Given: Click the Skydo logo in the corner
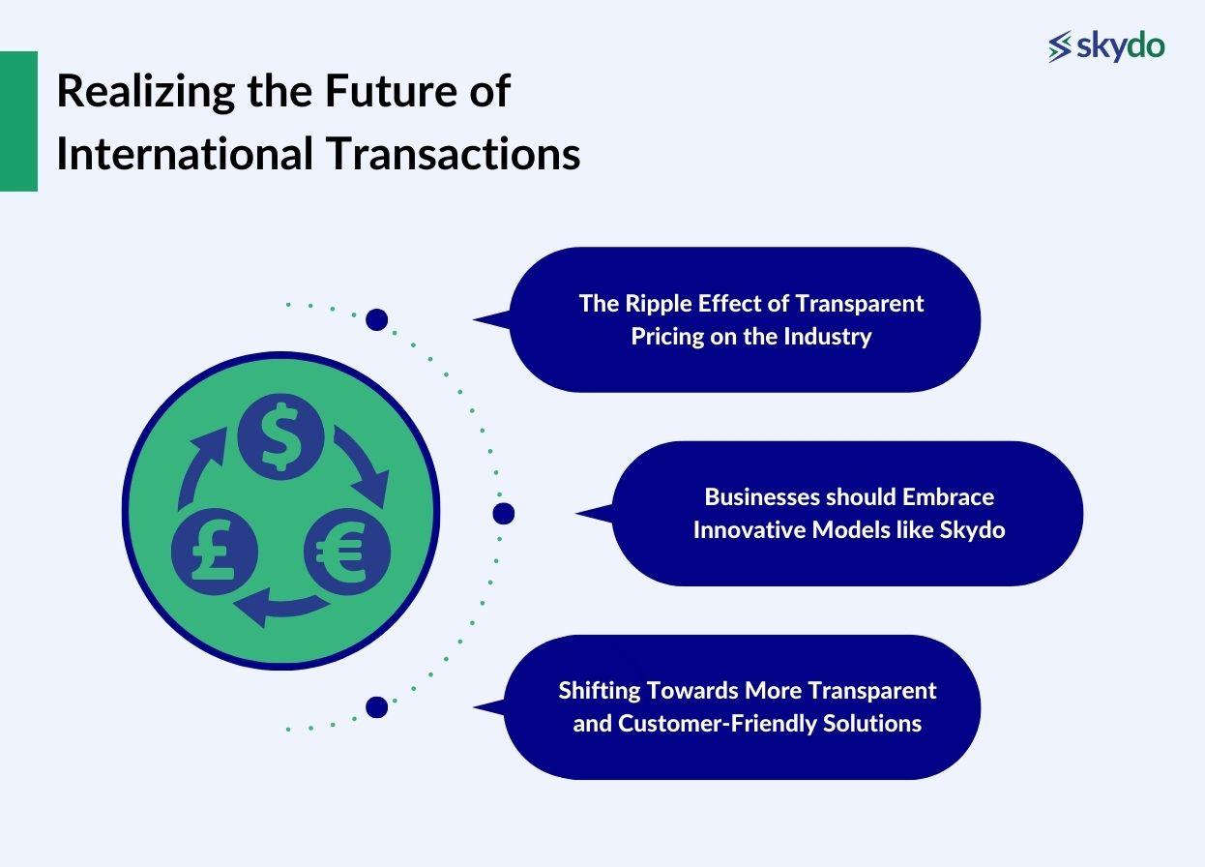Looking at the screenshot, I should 1106,45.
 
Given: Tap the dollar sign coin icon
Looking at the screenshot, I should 280,437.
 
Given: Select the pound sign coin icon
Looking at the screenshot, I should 214,553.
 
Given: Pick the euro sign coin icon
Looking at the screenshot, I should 347,553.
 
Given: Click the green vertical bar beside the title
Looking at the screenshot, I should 18,121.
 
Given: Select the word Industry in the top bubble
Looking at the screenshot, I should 831,337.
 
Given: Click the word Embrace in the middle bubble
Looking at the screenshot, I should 948,497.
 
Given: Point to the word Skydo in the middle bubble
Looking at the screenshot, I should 972,530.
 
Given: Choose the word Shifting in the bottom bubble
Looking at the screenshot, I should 600,691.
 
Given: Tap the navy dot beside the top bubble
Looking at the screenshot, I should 376,319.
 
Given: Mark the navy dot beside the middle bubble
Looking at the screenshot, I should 503,514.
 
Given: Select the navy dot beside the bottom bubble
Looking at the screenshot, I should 376,707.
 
